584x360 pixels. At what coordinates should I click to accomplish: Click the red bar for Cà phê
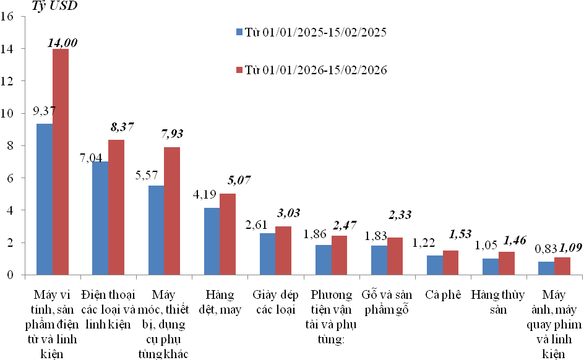coord(450,262)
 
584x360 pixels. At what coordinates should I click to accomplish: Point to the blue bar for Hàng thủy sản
coord(490,267)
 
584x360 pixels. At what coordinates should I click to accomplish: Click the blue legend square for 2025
coord(239,32)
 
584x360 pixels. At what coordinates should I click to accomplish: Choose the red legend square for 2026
coord(239,71)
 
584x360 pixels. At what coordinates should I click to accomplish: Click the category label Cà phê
coord(443,294)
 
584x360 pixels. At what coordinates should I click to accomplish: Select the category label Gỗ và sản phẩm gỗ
coord(387,302)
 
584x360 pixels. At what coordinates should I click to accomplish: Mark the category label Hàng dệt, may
coord(220,302)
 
